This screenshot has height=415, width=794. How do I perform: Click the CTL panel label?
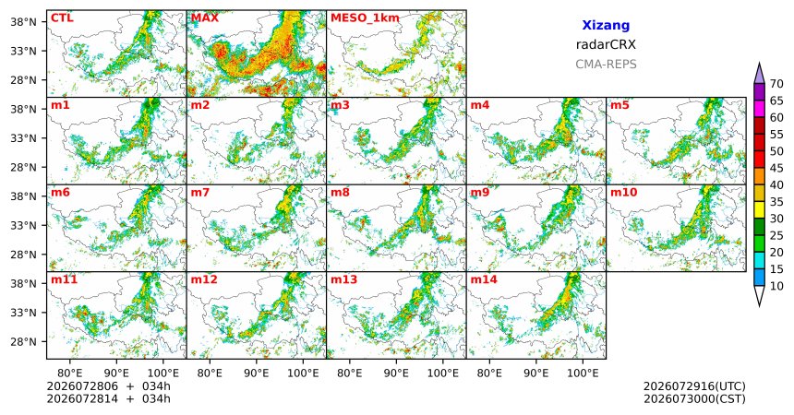pos(62,18)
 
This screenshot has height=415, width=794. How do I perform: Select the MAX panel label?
pos(205,18)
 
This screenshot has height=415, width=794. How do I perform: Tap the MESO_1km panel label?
pos(365,18)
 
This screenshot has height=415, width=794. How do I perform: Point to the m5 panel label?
pos(620,105)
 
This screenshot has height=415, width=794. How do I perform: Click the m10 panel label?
pos(623,193)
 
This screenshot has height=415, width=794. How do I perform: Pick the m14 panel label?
pos(484,279)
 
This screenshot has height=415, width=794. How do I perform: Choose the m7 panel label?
pos(200,193)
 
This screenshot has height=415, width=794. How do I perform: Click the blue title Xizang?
pos(606,26)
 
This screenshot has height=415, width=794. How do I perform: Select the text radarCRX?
pos(606,44)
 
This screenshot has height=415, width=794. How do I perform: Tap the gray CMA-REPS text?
pos(606,65)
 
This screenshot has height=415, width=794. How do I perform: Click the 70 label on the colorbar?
pos(776,84)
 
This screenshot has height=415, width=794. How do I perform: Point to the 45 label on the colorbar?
pos(776,168)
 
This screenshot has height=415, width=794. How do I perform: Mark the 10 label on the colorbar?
pos(776,286)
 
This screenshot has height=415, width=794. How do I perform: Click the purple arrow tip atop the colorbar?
pos(759,63)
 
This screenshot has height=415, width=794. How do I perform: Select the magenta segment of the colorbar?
pos(759,109)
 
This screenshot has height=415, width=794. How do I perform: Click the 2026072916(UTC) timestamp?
pos(694,386)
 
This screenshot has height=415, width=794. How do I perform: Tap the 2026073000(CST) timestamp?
pos(694,399)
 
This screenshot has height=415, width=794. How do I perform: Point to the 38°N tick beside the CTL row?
pos(23,22)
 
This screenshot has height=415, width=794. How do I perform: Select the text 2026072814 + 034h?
pos(108,399)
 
